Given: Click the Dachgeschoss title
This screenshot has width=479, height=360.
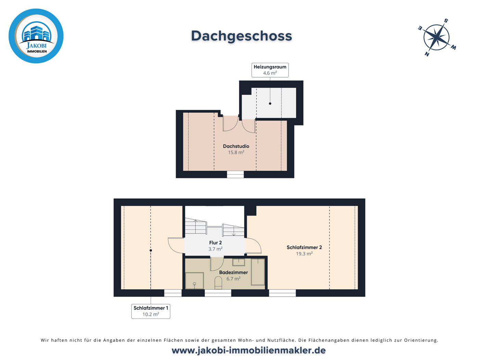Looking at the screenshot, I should point(241,36).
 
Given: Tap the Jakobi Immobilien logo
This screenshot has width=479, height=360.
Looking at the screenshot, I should point(36,36).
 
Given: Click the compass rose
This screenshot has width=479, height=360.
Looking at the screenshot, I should point(436,37).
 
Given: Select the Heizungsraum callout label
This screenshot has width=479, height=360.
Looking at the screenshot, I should point(270,70).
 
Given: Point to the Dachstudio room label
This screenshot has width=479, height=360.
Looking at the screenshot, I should point(236,146).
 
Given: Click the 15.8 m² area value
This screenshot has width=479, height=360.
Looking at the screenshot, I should point(236,153).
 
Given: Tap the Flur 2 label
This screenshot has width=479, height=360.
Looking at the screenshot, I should point(216,243).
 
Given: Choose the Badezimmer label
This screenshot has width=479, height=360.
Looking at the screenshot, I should point(233,272).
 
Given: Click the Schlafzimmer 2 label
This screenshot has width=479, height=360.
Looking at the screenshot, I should point(304,247).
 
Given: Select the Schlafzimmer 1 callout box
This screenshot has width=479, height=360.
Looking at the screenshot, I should point(151,311).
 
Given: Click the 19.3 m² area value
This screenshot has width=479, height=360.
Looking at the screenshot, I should point(304,254).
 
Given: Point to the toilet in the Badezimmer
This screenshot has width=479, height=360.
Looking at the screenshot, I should point(218,283).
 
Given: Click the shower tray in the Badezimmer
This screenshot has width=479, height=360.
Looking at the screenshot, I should point(194,281).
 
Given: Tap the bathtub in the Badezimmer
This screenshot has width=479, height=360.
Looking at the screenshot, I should point(258,272).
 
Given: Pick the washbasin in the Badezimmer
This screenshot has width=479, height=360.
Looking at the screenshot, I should point(238,262).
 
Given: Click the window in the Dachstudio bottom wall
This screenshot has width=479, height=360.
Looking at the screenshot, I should point(235,175).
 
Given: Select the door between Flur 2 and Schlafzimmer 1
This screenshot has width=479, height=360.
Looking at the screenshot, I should point(176,245).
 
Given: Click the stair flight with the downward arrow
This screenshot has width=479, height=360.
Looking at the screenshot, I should point(233,230).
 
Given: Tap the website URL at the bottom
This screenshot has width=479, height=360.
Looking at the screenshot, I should point(248,350).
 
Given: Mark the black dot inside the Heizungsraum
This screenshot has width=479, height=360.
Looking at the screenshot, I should point(270,103).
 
